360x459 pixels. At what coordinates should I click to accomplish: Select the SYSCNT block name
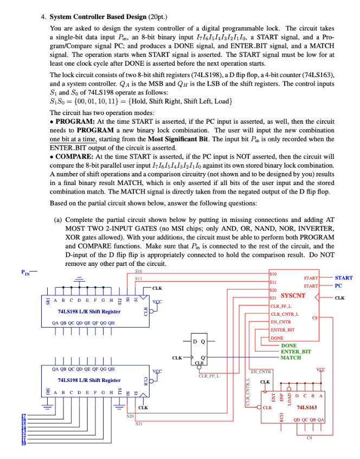coord(293,296)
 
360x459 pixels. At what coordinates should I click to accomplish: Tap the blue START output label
coord(343,278)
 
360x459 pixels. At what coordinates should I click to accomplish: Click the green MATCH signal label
coord(291,358)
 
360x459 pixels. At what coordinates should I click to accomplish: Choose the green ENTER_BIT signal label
coord(296,352)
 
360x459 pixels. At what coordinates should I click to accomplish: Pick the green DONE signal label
coord(289,346)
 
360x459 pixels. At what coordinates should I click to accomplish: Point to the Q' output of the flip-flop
coord(203,358)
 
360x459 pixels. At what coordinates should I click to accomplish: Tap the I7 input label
coord(23,416)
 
